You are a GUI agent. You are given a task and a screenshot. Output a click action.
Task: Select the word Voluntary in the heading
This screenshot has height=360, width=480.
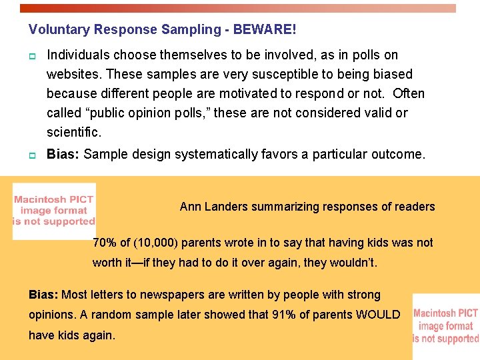(x=60, y=30)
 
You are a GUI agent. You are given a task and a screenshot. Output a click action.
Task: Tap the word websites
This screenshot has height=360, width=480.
(x=74, y=74)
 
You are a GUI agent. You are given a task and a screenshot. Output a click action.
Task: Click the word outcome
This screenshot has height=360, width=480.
(x=397, y=155)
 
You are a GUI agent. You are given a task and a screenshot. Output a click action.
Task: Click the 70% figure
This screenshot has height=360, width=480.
(x=104, y=243)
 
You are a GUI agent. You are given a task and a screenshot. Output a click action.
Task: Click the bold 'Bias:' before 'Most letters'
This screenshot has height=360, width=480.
(x=43, y=295)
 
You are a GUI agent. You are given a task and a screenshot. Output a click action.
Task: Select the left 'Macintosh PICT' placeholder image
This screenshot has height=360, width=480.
(x=54, y=211)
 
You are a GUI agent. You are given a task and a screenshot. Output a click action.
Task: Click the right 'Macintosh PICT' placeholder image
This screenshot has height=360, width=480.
(x=446, y=326)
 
